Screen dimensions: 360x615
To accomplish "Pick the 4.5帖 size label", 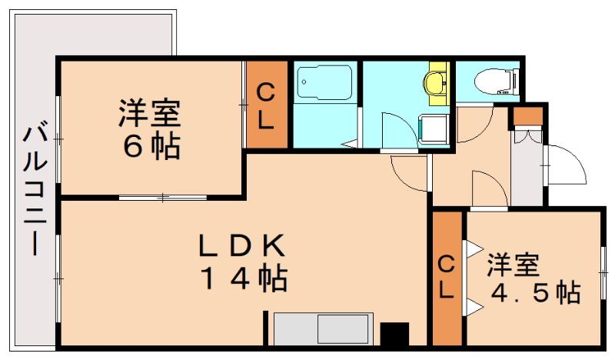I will point(534,293).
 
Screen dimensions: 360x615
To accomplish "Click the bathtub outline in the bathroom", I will point(325,80).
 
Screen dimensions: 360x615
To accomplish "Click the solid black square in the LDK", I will point(394,334).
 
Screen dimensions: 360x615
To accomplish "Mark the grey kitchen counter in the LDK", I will point(323,329).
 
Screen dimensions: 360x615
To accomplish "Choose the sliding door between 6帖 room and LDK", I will point(163,198).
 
